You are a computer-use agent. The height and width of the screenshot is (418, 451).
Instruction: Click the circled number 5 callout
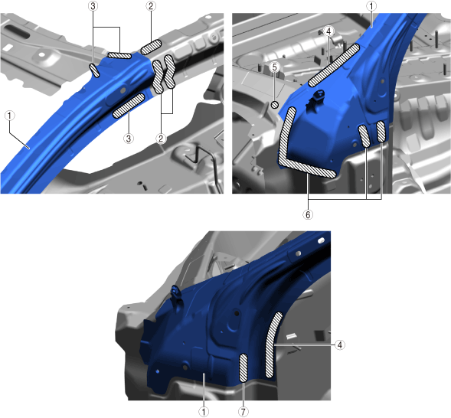pos(275,67)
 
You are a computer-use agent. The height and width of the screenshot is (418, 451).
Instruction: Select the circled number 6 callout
pos(308,214)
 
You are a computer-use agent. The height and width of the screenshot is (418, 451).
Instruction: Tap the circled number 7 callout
pos(243,412)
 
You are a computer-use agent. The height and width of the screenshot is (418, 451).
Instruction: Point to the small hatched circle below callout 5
pos(275,105)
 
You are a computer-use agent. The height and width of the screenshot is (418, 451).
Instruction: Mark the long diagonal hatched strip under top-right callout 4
pos(334,65)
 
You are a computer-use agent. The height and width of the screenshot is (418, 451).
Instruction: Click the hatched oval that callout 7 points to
pos(243,368)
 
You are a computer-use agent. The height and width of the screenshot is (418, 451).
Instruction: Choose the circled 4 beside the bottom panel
pos(340,345)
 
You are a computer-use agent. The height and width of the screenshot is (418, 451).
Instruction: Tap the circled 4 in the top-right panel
pos(329,31)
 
